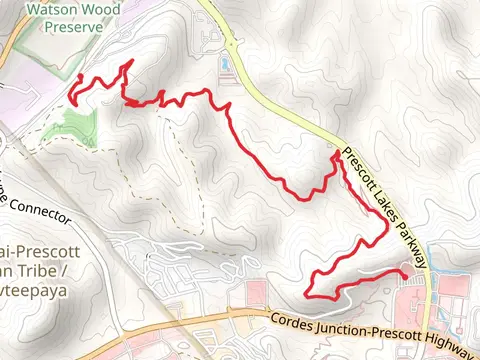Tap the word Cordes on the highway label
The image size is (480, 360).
tap(292, 321)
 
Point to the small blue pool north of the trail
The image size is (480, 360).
tap(226, 65)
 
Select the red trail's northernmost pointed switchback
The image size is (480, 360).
tap(129, 63)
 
